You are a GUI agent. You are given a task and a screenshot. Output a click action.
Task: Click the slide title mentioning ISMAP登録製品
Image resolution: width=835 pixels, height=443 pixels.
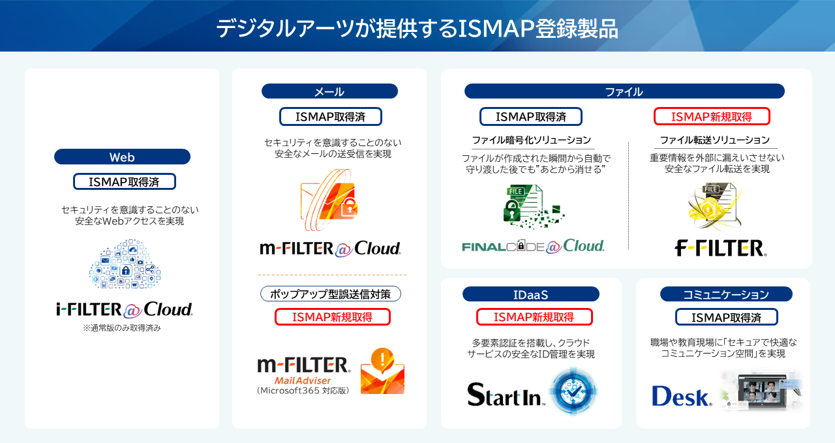pos(417,29)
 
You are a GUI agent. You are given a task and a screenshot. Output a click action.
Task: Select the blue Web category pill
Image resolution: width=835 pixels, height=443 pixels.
pos(122,157)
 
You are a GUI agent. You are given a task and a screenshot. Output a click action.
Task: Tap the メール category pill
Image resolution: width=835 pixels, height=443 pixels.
pos(329,91)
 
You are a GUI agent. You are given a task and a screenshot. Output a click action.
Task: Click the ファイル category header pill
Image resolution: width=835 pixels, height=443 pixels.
pos(624,91)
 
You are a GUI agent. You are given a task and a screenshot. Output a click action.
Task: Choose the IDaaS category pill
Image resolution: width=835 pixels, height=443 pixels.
pos(530,294)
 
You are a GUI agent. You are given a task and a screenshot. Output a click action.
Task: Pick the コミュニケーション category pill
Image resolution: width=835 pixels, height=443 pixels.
pos(726,294)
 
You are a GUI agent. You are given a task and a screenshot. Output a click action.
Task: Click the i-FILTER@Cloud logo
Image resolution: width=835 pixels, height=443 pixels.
pos(125,309)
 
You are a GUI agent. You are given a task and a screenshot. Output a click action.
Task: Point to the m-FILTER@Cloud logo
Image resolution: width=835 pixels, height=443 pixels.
pos(330,249)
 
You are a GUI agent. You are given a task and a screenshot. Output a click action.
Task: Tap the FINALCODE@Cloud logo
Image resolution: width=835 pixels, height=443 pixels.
pos(533,246)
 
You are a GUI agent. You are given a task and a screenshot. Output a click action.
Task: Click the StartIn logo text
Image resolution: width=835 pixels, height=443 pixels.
pos(506,394)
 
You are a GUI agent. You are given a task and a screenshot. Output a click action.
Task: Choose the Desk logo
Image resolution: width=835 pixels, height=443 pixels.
pos(682,395)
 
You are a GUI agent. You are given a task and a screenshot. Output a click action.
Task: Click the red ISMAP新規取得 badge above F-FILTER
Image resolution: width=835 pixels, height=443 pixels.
pos(712,117)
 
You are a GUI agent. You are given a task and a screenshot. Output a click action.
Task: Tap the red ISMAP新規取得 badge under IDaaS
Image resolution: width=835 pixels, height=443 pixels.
pos(534,317)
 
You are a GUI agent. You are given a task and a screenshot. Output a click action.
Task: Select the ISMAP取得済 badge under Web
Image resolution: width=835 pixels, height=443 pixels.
pos(124,181)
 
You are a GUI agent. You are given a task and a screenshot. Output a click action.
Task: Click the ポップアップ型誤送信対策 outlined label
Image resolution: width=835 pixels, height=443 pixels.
pos(331,294)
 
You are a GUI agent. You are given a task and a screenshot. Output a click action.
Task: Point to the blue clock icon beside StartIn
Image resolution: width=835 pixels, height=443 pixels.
pos(573,391)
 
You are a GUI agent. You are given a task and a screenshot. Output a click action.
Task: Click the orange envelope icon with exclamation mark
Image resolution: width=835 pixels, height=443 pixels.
pos(382,371)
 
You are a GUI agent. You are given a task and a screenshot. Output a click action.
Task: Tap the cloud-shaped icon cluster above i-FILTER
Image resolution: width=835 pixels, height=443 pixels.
pos(125,264)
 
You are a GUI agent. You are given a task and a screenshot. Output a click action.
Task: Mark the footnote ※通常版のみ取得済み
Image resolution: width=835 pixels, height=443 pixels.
pos(122,328)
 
